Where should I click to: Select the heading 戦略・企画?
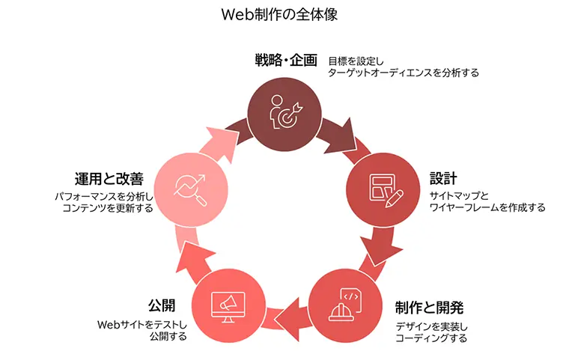[x=286, y=60]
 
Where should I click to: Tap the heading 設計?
[x=443, y=180]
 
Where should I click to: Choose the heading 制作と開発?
[x=429, y=307]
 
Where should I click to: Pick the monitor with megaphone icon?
[x=228, y=305]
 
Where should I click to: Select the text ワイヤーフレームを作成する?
[x=487, y=207]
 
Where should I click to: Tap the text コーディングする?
[x=431, y=338]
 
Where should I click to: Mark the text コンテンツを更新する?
[x=108, y=208]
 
